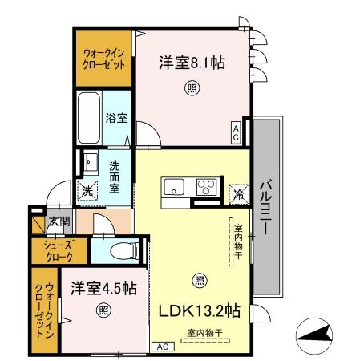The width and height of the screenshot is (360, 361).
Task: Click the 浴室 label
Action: click(115, 117)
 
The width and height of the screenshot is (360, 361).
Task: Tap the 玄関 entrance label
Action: click(59, 221)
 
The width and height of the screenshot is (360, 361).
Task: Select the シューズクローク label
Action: click(58, 251)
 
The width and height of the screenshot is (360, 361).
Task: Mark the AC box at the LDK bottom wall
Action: click(160, 347)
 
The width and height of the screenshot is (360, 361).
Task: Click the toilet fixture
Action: click(119, 249)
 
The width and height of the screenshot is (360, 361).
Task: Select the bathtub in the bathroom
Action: click(89, 116)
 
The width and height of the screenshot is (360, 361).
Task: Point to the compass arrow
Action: click(316, 334)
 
